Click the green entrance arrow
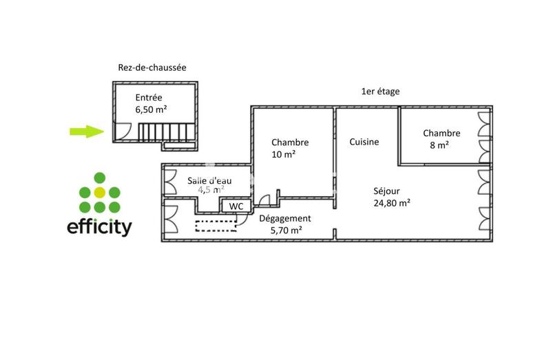86,132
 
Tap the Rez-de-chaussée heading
152,67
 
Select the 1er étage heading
380,91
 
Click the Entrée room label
149,97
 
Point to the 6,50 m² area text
151,109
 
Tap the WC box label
236,206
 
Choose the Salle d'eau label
209,181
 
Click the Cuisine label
364,142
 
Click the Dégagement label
285,219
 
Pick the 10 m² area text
283,154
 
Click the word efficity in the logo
99,227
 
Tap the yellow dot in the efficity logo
99,192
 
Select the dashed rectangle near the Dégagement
216,225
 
